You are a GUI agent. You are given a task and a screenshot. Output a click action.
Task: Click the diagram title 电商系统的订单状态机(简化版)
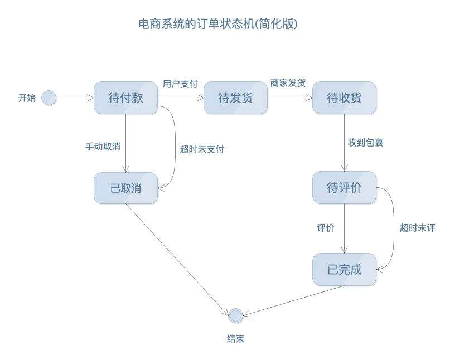pos(218,24)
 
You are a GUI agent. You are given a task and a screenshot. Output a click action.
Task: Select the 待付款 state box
pos(125,98)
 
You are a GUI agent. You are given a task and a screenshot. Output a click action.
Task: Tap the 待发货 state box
pos(235,98)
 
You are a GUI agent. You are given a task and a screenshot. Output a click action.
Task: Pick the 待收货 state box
pos(344,98)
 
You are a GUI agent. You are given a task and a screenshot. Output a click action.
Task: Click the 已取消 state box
pos(125,188)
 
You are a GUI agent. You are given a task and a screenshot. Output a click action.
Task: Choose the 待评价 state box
pos(344,187)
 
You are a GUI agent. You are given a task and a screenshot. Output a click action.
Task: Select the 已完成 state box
pos(344,270)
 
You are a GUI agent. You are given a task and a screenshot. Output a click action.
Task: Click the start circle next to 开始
pos(49,98)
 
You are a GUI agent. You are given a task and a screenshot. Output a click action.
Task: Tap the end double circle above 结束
pos(236,315)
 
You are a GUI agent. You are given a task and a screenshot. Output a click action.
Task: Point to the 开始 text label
pos(27,98)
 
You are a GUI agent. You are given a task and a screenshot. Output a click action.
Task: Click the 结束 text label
pos(235,338)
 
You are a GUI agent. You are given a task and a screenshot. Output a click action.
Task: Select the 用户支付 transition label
pos(180,84)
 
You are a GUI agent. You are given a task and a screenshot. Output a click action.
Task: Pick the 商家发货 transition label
pos(288,83)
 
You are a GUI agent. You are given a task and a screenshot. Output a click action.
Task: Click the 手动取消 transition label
pos(103,147)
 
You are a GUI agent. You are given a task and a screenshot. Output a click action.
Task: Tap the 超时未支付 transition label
pos(201,149)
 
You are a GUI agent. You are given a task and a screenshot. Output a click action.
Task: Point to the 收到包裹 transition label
pos(365,143)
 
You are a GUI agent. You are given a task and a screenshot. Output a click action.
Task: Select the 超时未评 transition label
pos(417,227)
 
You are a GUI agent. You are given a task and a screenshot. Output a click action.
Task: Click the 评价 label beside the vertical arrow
pos(326,227)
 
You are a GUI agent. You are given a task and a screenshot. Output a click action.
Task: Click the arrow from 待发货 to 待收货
pos(289,98)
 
